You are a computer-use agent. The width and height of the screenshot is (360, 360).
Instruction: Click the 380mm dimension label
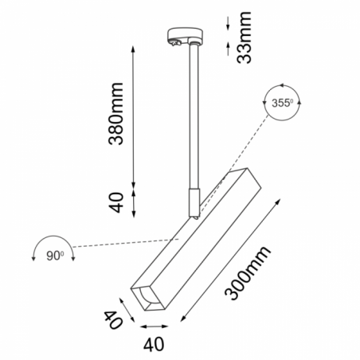tap(116, 114)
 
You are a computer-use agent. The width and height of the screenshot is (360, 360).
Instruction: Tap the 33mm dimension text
tap(244, 37)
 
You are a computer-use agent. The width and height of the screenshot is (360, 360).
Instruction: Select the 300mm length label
tap(248, 273)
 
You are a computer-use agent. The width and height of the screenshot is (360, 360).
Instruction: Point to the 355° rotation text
tap(282, 103)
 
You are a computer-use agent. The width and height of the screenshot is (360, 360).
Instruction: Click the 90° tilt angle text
tap(55, 256)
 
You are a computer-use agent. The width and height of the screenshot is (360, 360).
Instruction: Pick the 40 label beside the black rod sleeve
tap(116, 202)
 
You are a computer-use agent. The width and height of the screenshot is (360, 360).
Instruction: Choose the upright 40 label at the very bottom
tap(154, 344)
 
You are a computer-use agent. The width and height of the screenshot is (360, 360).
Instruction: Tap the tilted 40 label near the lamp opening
tap(113, 319)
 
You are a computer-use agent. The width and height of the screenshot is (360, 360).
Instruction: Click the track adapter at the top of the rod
tap(186, 37)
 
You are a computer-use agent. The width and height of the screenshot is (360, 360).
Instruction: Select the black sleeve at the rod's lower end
tap(194, 203)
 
